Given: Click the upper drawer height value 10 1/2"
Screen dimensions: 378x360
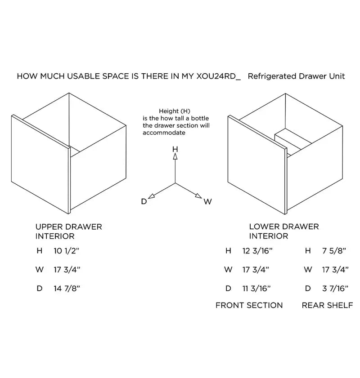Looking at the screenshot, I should (x=65, y=251).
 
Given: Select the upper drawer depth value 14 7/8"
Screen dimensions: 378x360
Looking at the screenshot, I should (x=66, y=289).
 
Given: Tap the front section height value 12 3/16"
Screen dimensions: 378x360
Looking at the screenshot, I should (x=257, y=251).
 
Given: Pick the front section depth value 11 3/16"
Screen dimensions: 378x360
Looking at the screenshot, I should (x=256, y=289).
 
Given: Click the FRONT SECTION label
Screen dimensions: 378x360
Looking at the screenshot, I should (x=249, y=306).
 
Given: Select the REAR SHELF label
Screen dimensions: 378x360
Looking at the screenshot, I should (x=327, y=306).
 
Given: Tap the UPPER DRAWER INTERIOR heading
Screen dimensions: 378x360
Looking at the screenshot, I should (x=68, y=231).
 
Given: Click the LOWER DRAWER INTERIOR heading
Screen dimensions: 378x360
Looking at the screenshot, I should (x=283, y=231).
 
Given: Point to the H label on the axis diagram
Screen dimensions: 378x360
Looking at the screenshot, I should (x=175, y=149).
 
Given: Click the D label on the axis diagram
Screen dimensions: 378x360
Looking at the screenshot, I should (x=144, y=202).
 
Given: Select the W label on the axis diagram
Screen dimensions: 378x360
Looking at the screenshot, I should (x=207, y=202).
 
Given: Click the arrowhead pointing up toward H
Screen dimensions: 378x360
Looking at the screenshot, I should (x=175, y=156).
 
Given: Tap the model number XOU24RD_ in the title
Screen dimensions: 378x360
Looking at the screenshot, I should (x=218, y=76).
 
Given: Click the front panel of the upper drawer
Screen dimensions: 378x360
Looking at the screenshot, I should (x=40, y=164).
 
